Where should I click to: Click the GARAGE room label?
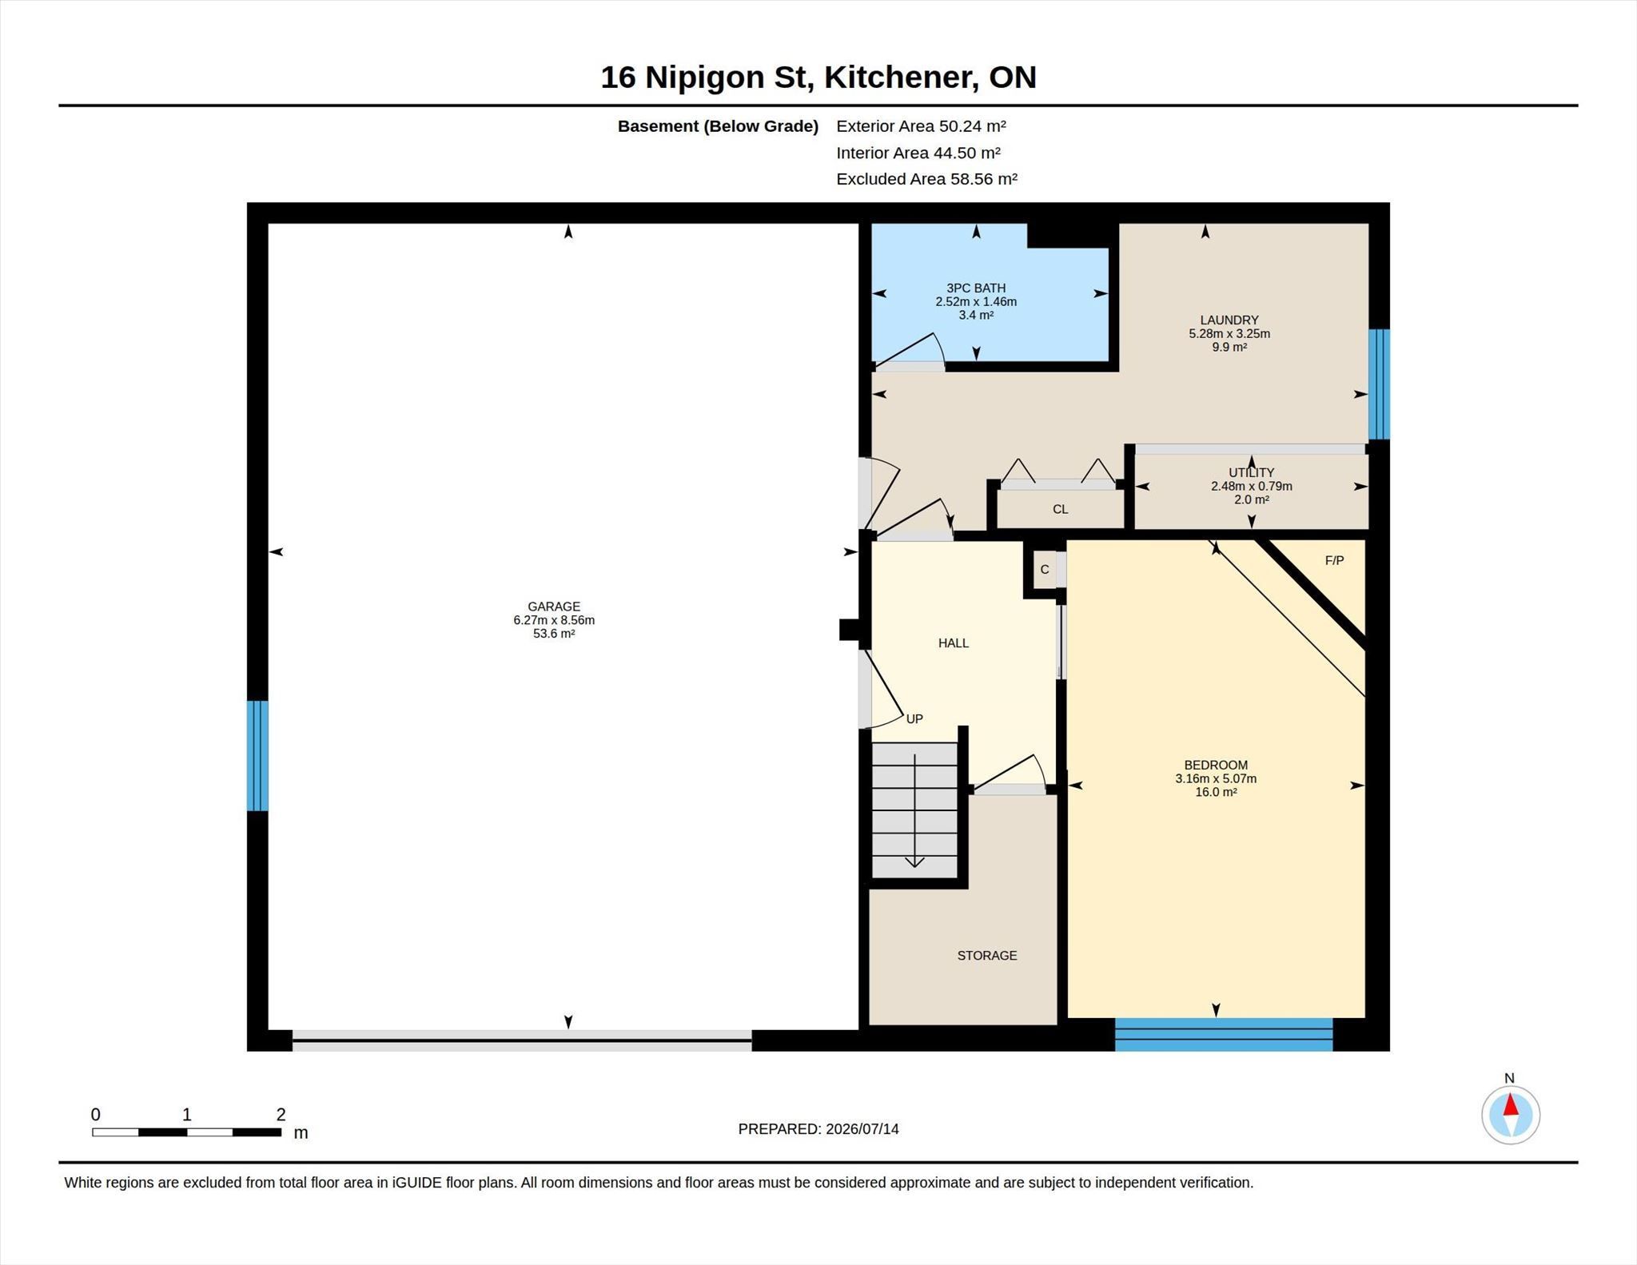[554, 607]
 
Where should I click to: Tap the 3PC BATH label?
[976, 288]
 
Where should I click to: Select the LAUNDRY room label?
[1229, 320]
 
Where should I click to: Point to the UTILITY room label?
[1252, 473]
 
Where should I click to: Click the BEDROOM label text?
[1216, 766]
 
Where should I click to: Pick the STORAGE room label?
[987, 956]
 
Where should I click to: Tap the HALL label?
[954, 643]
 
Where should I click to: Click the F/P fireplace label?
[1334, 561]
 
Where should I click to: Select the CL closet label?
[1060, 510]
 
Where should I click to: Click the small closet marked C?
[1045, 570]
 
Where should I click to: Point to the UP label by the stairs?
[914, 719]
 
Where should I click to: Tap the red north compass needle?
[1511, 1105]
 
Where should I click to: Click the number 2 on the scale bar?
[281, 1115]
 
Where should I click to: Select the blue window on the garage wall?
[257, 756]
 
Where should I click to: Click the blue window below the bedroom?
[1224, 1034]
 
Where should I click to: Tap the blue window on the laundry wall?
[1379, 384]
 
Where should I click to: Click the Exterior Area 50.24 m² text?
[921, 126]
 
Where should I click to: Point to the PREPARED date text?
[818, 1129]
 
